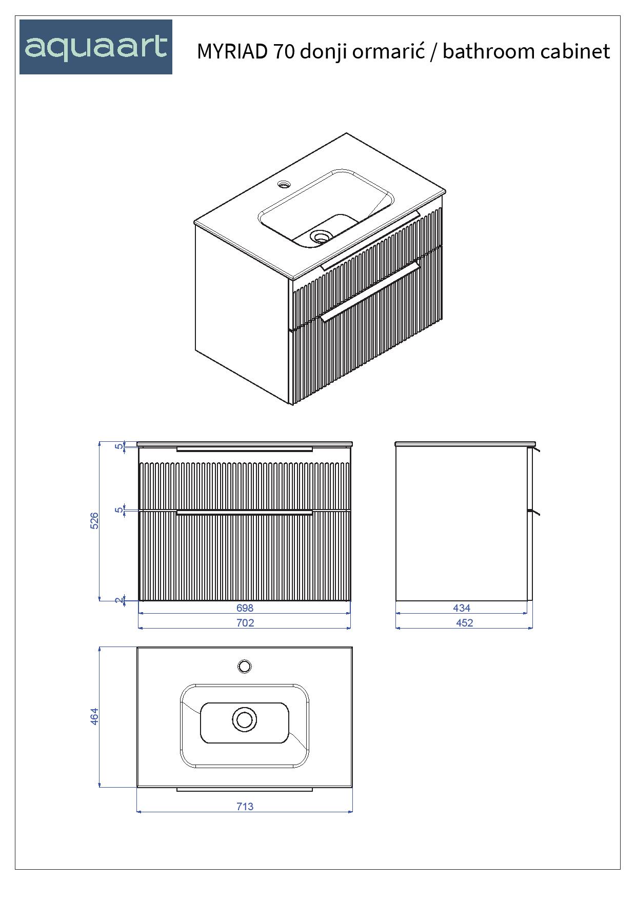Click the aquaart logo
[96, 47]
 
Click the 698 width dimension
[245, 608]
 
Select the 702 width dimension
[245, 623]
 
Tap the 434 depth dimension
[462, 608]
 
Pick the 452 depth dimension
[464, 623]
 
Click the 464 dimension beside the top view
[94, 717]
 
